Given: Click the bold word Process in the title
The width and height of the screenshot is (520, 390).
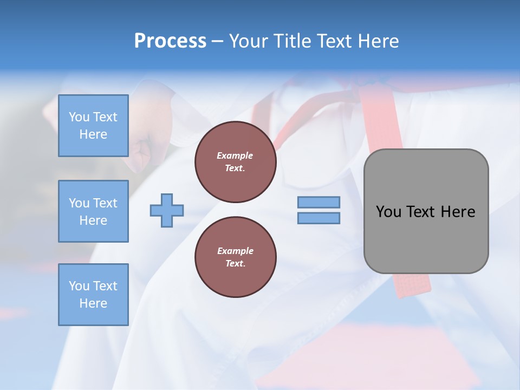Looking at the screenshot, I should coord(170,41).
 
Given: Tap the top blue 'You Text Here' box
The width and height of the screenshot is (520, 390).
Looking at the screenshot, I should coord(93,126).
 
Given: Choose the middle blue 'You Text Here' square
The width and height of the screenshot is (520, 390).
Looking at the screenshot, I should coord(93,211).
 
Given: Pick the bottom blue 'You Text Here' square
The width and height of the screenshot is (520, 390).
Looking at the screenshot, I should coord(93,294).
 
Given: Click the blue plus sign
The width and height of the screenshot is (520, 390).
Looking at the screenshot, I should coord(167,210).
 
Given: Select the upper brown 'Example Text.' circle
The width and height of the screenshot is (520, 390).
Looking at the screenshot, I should coord(235,162).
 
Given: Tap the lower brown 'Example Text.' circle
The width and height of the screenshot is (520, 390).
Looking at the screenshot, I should coord(235,257).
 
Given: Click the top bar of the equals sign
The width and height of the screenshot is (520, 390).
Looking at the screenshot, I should coord(318,202).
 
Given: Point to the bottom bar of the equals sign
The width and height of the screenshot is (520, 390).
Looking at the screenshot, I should coord(318,218).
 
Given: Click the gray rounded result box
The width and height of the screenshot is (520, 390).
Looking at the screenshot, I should coord(426,238).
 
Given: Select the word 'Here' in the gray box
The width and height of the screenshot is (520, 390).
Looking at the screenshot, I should coord(458,212).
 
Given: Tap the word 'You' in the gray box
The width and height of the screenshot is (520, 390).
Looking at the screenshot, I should coord(388,212).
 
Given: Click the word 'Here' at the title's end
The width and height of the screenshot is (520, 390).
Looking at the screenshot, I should coord(379,41).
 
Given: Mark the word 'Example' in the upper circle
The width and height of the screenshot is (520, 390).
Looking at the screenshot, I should coord(235,155).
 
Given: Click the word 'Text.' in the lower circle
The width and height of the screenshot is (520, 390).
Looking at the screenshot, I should coord(235,264).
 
